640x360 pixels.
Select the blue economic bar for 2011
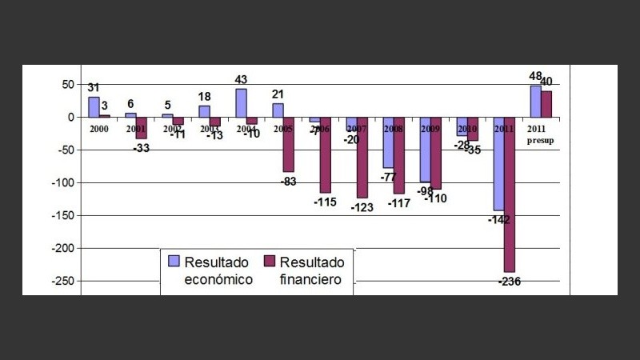(498, 164)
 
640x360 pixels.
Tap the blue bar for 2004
(241, 103)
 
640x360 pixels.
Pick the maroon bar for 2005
(289, 145)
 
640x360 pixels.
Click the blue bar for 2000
(94, 107)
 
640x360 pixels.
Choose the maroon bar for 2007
(362, 158)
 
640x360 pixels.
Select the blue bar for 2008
(388, 142)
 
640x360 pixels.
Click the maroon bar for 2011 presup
(546, 104)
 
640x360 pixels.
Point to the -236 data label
(510, 282)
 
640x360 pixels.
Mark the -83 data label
(289, 182)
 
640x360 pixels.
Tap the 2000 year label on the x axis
(99, 129)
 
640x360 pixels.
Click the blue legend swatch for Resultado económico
(174, 261)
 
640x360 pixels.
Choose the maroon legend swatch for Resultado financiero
(269, 261)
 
